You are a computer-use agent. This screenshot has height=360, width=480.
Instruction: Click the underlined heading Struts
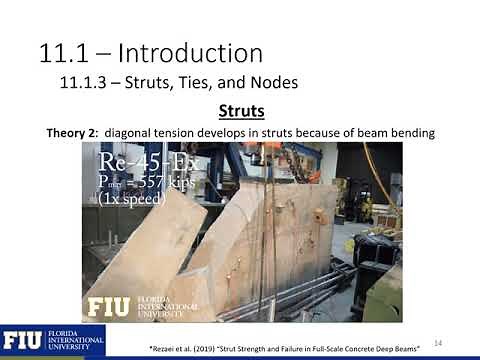(x=241, y=110)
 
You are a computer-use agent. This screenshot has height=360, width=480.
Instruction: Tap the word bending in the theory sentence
(x=413, y=132)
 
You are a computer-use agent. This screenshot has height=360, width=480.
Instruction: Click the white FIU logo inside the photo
(x=108, y=306)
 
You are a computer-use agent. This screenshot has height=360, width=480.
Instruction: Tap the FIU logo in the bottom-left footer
(x=21, y=341)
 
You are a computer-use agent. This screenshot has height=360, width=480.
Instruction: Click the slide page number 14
(x=437, y=340)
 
